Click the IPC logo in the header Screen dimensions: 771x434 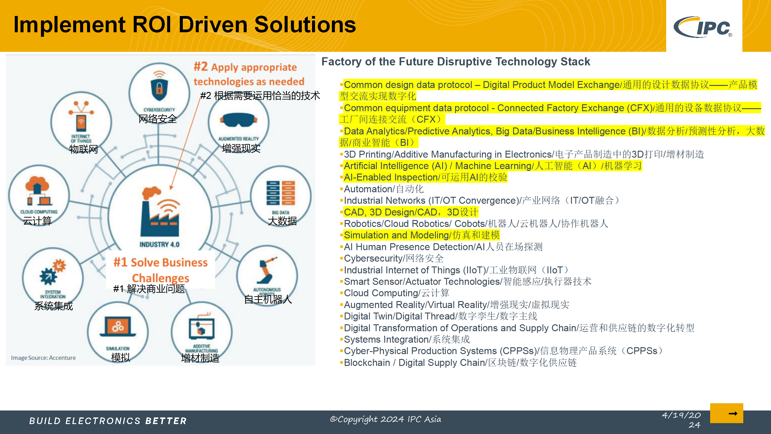point(703,27)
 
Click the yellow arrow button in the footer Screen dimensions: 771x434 point(726,413)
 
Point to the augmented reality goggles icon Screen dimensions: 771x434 point(239,121)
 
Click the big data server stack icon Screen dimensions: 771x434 point(281,193)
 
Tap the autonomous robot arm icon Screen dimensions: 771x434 point(267,270)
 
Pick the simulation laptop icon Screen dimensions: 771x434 point(118,326)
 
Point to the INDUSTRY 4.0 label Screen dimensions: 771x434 point(159,244)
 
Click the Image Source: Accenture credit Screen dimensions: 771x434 point(43,358)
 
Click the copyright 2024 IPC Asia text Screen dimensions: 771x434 point(385,419)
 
